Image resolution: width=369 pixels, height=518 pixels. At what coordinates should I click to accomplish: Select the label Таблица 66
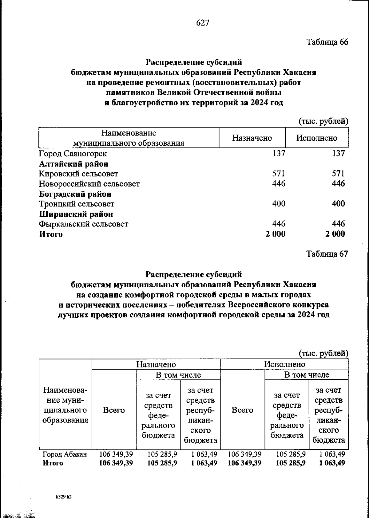pyautogui.click(x=327, y=42)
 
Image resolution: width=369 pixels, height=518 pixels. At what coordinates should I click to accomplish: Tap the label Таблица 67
pyautogui.click(x=327, y=254)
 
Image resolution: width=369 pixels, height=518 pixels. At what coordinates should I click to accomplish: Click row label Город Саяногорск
pyautogui.click(x=73, y=153)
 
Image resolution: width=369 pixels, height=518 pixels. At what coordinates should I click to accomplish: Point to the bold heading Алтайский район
pyautogui.click(x=73, y=164)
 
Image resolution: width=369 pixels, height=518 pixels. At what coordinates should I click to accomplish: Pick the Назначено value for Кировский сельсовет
pyautogui.click(x=279, y=174)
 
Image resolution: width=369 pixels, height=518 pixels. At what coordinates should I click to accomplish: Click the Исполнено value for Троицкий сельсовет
pyautogui.click(x=338, y=204)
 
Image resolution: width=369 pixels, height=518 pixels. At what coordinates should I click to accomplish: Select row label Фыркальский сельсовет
pyautogui.click(x=83, y=224)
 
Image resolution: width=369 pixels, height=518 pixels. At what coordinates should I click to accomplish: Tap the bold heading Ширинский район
pyautogui.click(x=76, y=214)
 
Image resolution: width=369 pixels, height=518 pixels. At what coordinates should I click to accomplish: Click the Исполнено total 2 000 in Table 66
pyautogui.click(x=335, y=234)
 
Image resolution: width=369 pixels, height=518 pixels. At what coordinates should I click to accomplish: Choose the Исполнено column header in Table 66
pyautogui.click(x=317, y=138)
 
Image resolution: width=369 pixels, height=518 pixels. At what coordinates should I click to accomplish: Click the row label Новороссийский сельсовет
pyautogui.click(x=89, y=184)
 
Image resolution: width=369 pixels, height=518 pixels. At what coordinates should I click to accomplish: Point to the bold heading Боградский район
pyautogui.click(x=75, y=194)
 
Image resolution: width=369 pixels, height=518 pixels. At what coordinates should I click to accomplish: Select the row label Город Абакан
pyautogui.click(x=65, y=454)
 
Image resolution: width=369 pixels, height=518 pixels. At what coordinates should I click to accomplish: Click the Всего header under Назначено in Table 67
pyautogui.click(x=114, y=410)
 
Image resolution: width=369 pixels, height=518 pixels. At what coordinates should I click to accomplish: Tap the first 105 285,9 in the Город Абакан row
pyautogui.click(x=162, y=454)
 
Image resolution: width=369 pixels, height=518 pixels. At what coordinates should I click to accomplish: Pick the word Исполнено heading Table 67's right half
pyautogui.click(x=285, y=364)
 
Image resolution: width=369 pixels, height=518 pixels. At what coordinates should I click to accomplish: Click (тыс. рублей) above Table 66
pyautogui.click(x=323, y=121)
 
